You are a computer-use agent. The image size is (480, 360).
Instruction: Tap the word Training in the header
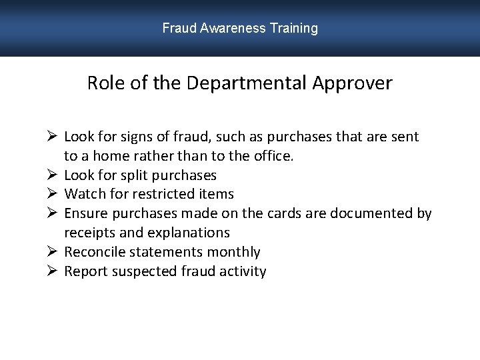[x=294, y=29]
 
